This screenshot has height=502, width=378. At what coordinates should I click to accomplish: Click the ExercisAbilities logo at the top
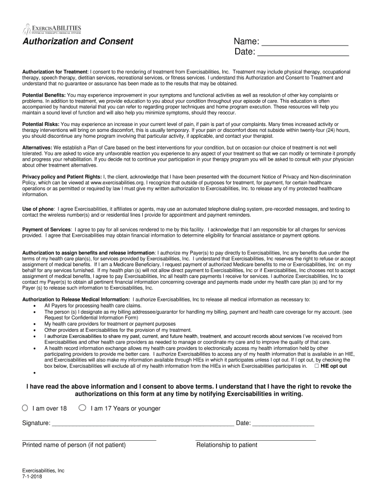(52, 29)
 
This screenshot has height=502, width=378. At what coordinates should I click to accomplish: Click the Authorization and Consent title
(78, 41)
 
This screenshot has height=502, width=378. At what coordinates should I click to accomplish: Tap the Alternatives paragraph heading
(37, 147)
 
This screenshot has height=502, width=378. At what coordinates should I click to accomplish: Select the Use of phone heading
(38, 209)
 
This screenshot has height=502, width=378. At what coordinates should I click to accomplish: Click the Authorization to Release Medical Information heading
(76, 299)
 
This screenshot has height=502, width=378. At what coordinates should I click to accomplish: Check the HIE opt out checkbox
(317, 366)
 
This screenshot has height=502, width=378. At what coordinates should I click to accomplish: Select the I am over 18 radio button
(25, 408)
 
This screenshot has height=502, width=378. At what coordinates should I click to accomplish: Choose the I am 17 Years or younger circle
(82, 408)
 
